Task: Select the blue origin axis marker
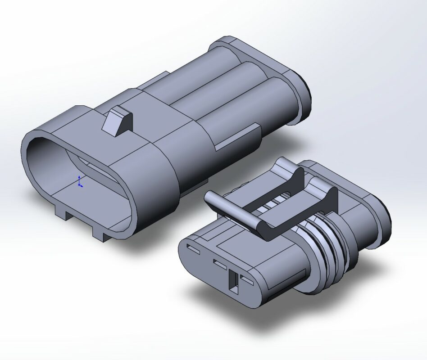(x=80, y=182)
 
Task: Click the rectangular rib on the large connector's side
(x=239, y=137)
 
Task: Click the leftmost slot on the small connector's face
(x=192, y=248)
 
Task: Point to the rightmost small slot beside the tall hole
(x=247, y=281)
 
